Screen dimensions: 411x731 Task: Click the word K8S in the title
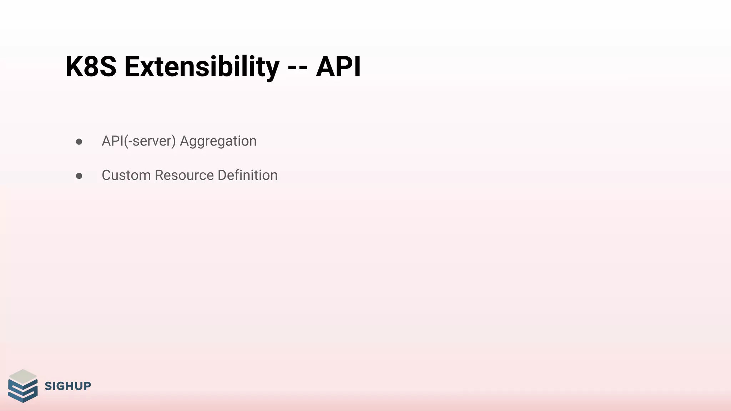[x=91, y=67]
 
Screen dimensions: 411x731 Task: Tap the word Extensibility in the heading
[x=202, y=67]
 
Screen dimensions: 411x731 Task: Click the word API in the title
[x=338, y=67]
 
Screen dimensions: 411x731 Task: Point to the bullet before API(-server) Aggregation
[x=79, y=142]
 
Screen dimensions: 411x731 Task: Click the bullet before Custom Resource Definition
[x=79, y=176]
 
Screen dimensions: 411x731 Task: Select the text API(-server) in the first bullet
[x=139, y=141]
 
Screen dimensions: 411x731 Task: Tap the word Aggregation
[x=218, y=141]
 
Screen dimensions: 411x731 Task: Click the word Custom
[x=126, y=175]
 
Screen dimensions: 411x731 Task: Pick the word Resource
[x=184, y=175]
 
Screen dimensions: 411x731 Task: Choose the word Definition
[x=247, y=175]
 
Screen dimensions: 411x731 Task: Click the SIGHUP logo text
[x=68, y=386]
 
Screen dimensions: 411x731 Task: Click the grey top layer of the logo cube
[x=23, y=376]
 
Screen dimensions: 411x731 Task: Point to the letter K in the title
[x=74, y=67]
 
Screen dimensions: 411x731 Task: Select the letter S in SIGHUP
[x=48, y=386]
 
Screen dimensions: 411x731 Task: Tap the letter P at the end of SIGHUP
[x=87, y=386]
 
